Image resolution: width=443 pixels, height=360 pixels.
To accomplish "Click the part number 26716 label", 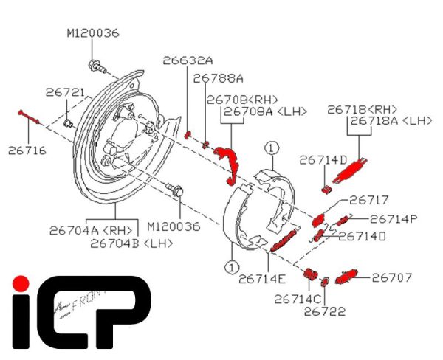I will [x=27, y=150].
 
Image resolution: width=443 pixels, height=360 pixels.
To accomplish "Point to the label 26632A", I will [x=188, y=60].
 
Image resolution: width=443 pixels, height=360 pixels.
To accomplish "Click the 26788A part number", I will [x=218, y=77].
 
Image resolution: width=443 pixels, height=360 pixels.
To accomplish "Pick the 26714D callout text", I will [x=323, y=160].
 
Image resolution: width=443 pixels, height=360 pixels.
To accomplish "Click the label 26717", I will [x=368, y=200].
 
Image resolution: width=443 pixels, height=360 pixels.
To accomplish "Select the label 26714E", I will [x=262, y=279].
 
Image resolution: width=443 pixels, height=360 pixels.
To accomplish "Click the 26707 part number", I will [x=391, y=278].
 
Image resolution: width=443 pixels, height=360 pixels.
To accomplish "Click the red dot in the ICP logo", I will [x=22, y=283].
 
